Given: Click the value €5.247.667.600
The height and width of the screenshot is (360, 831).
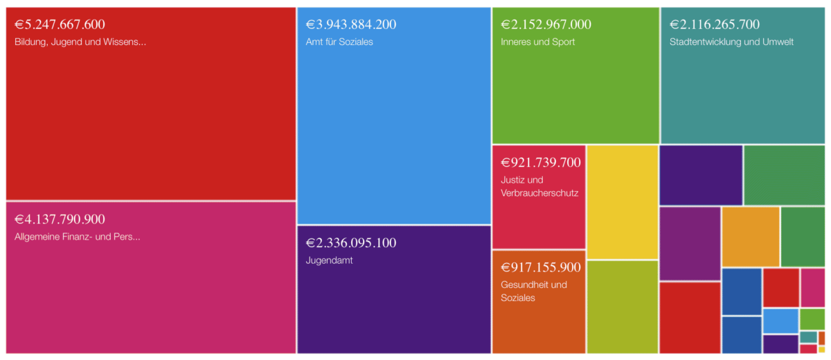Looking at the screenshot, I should click(x=60, y=24).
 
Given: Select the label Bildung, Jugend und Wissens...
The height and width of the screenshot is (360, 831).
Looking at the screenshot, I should click(x=80, y=42).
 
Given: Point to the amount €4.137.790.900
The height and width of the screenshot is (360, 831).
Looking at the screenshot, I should click(x=60, y=219).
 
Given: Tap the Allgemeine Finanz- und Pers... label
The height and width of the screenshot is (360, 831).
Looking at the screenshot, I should click(x=78, y=237).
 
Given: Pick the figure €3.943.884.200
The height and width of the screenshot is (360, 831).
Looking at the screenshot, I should click(x=351, y=24).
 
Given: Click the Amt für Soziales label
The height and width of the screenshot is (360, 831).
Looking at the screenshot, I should click(x=339, y=42).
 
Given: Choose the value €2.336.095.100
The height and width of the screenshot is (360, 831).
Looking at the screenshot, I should click(x=351, y=243).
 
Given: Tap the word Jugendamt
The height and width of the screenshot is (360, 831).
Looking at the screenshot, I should click(x=329, y=260).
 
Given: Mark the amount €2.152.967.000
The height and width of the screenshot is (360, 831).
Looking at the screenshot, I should click(x=546, y=24).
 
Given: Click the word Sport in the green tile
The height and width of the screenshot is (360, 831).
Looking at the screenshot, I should click(x=562, y=42).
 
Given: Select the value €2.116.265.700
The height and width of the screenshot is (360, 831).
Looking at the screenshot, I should click(x=715, y=24).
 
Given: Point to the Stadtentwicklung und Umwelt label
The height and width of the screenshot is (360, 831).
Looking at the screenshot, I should click(x=731, y=42).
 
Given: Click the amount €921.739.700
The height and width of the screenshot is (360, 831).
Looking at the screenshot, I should click(x=541, y=163).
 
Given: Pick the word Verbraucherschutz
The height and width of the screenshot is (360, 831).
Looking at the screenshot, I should click(x=539, y=192).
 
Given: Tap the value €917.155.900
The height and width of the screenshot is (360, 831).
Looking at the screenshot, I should click(x=541, y=267).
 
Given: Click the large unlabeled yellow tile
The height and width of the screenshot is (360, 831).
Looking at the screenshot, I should click(x=623, y=201).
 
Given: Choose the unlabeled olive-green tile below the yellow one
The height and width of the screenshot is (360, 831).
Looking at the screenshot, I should click(x=623, y=306).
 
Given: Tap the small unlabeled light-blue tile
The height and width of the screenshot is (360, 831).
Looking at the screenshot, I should click(x=780, y=321).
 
